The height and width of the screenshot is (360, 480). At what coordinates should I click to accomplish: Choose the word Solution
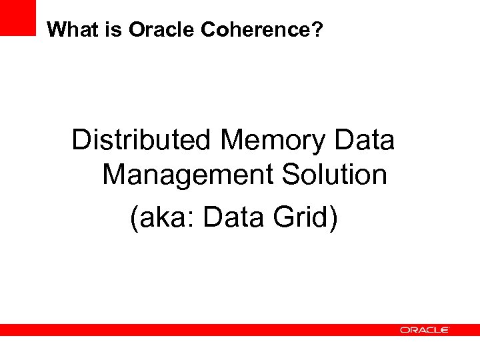pos(335,175)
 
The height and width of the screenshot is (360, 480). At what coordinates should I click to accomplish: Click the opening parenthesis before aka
pos(135,218)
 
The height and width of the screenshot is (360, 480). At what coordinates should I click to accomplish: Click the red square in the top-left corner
pos(17,17)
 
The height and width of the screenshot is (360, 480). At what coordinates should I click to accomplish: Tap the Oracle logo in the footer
pos(424,330)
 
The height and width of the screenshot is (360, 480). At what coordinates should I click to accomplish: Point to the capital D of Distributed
pos(82,141)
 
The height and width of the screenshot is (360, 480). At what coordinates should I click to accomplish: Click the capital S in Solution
pos(292,175)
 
